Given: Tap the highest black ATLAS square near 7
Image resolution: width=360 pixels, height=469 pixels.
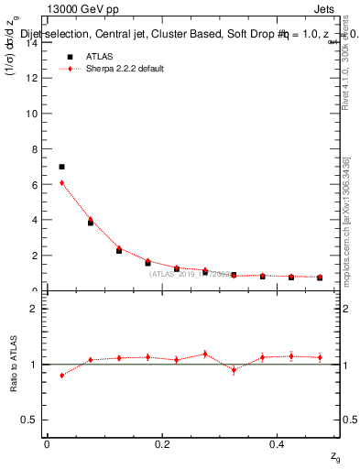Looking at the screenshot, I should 61,167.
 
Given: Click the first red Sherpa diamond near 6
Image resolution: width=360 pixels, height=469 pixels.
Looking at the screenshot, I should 61,182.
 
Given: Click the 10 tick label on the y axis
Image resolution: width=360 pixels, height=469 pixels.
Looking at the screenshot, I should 34,114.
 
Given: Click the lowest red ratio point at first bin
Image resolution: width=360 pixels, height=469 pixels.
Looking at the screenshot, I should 61,375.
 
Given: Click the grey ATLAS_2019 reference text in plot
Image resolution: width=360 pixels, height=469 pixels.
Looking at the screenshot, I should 192,273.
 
